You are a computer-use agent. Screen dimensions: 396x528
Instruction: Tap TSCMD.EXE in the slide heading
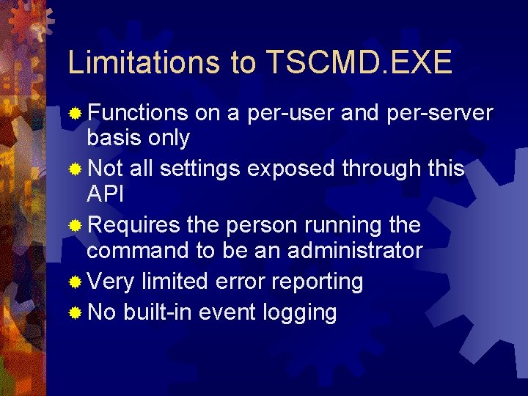[359, 64]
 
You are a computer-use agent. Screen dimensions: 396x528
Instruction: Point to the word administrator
[355, 250]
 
